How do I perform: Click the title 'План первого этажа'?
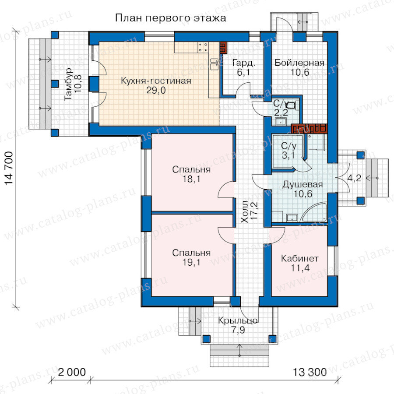[x=171, y=18]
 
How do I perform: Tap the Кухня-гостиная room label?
[x=156, y=81]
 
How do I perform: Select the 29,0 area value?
[x=156, y=90]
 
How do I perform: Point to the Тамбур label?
[x=68, y=84]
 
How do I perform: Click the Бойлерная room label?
[x=299, y=63]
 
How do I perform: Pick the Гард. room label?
[x=244, y=63]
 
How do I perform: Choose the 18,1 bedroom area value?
[x=191, y=179]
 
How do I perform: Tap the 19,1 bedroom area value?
[x=191, y=262]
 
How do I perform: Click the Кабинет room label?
[x=300, y=258]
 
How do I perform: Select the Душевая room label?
[x=303, y=185]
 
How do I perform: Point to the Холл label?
[x=244, y=211]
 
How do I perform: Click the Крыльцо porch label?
[x=238, y=321]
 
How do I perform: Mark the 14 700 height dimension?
[x=9, y=168]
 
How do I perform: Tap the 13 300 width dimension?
[x=310, y=372]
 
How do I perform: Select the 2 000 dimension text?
[x=72, y=372]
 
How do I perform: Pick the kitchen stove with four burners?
[x=203, y=47]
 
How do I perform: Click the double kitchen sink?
[x=215, y=64]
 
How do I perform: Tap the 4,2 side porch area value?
[x=354, y=178]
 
